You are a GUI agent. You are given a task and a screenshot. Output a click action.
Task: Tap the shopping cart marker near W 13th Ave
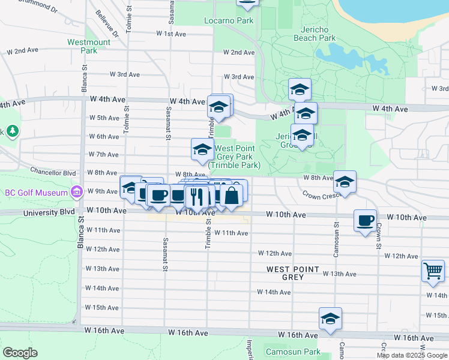[433, 271]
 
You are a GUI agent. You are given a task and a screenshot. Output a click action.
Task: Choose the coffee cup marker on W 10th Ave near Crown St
[365, 220]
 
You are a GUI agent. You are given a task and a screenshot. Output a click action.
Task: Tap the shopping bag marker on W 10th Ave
[231, 194]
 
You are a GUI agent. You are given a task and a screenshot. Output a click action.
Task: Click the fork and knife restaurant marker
[197, 196]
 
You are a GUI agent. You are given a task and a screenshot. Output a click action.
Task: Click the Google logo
[20, 353]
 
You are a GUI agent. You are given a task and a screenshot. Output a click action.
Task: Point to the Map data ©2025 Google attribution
[412, 355]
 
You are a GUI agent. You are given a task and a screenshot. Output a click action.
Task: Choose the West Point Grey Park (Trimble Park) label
[235, 157]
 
